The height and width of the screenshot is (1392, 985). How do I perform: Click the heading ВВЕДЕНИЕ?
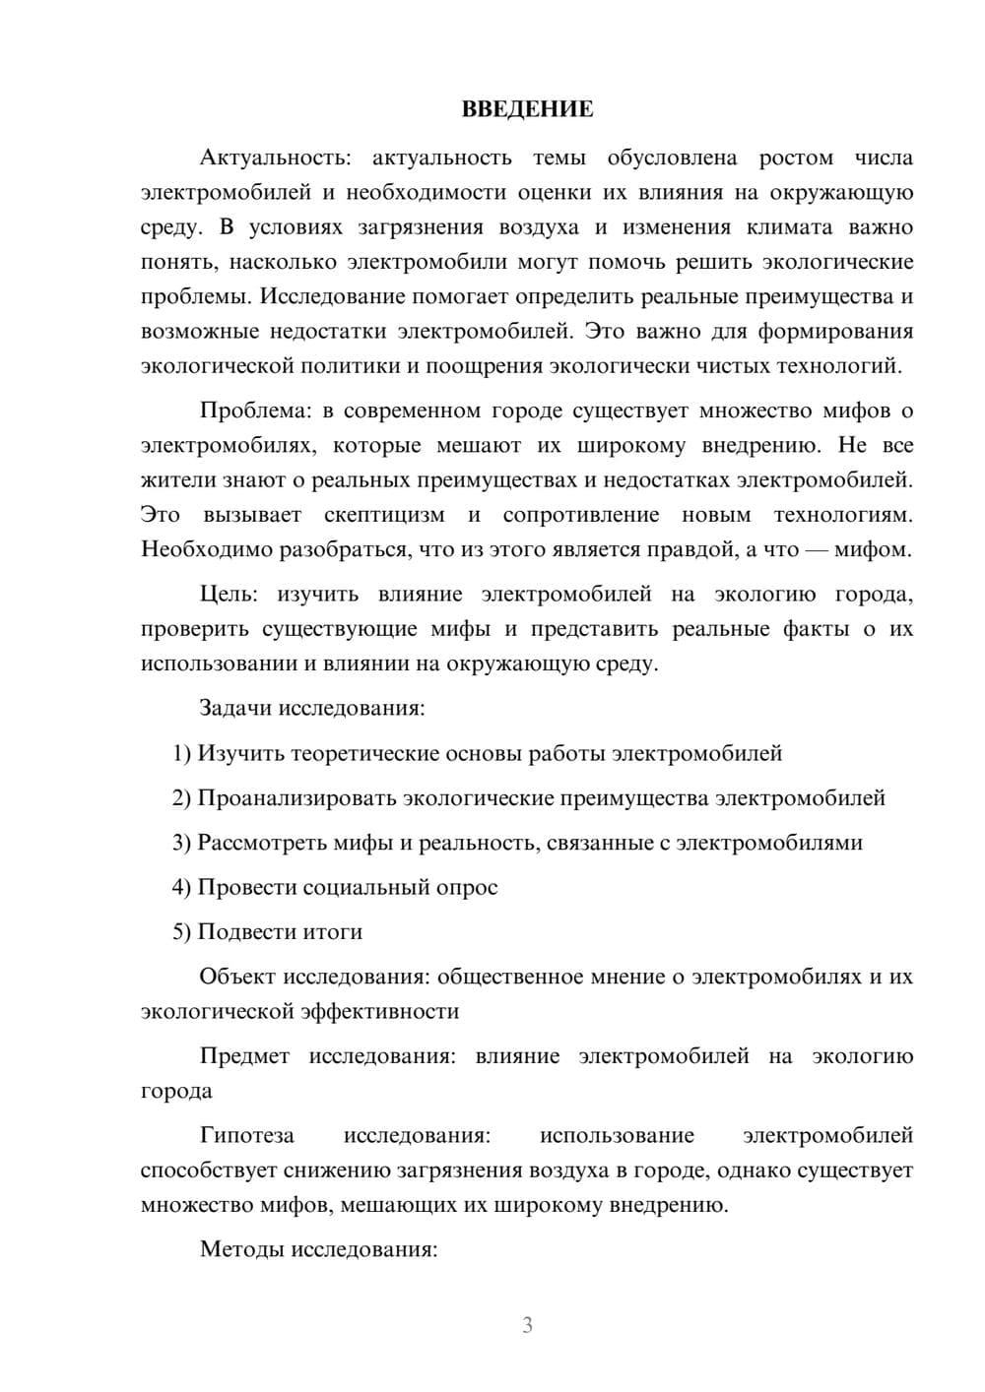(x=527, y=109)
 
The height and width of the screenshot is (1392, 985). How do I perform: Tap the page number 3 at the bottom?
(x=527, y=1325)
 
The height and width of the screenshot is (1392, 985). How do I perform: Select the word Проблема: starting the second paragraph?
(x=249, y=411)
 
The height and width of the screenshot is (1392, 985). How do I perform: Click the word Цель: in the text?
(x=228, y=594)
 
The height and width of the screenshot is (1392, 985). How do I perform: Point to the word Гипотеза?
(x=246, y=1135)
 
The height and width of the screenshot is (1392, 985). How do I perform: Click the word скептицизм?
(x=384, y=515)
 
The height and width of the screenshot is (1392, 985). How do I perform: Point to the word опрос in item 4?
(x=467, y=887)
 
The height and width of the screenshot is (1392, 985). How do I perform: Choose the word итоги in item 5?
(x=332, y=931)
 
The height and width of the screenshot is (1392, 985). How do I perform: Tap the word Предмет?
(x=244, y=1056)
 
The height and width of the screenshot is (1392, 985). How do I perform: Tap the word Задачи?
(x=236, y=708)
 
